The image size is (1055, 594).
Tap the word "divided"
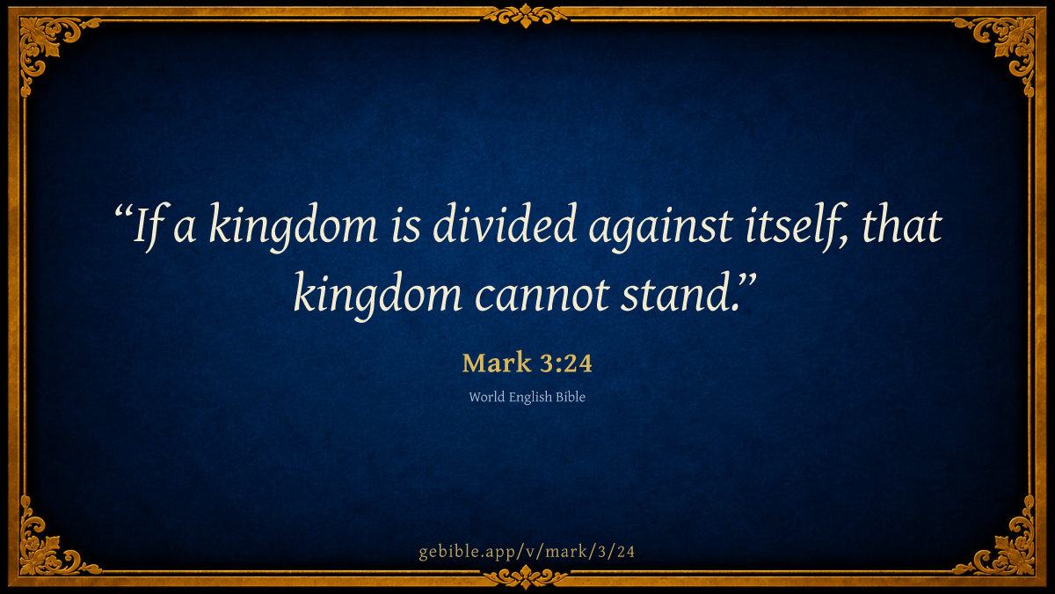click(505, 224)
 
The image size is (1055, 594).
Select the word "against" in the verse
click(660, 227)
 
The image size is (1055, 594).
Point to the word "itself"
click(795, 226)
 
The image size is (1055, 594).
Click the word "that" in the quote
click(901, 224)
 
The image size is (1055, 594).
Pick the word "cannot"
click(542, 296)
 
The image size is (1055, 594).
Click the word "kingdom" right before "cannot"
click(378, 296)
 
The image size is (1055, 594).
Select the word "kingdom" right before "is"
click(293, 227)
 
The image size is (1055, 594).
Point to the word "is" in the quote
click(405, 226)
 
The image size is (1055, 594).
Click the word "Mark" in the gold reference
click(497, 363)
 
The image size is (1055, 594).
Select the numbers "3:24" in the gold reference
click(566, 363)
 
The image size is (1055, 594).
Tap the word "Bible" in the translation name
click(571, 397)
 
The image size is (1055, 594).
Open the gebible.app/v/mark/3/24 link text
click(527, 552)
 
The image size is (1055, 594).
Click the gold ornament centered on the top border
click(526, 17)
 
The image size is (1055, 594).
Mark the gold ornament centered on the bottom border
click(526, 577)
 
